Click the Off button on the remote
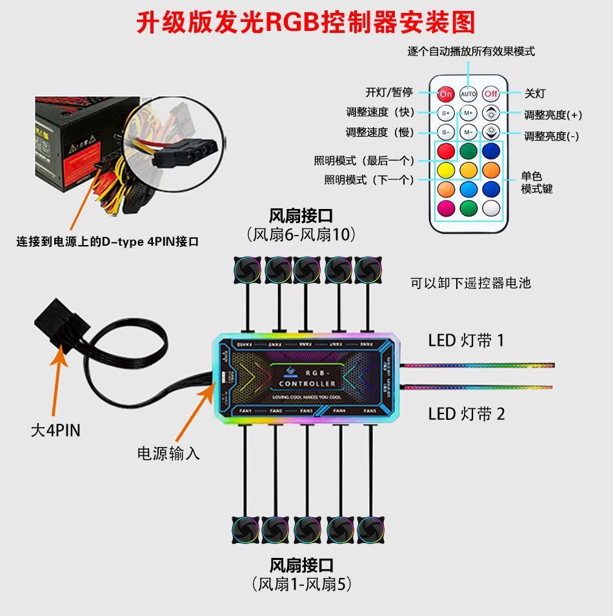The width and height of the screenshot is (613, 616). pos(492,94)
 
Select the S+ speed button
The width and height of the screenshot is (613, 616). pos(446,113)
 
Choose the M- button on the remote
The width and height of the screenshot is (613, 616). pos(468,132)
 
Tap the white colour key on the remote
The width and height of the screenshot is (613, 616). pos(492,208)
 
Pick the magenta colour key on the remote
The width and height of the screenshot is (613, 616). pos(446,208)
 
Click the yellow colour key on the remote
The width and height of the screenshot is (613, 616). pos(446,170)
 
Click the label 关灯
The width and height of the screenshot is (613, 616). pos(535,94)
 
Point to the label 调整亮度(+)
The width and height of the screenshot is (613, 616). pos(553,115)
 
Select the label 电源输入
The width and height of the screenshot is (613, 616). pos(168,453)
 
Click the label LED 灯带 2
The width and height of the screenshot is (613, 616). pos(467,413)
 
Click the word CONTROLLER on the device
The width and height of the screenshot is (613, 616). pos(307,384)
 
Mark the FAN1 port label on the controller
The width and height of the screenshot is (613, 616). pos(245,411)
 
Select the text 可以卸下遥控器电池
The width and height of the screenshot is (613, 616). pos(470,283)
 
